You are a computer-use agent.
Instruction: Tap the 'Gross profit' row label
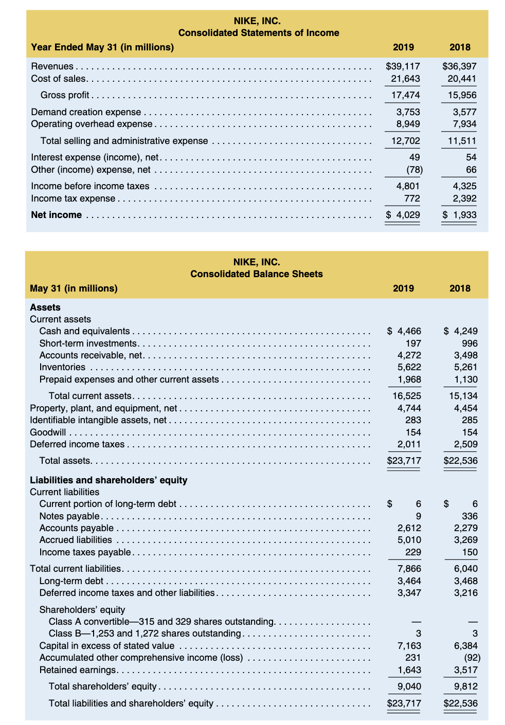[x=65, y=95]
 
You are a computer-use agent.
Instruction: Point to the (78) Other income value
[x=414, y=170]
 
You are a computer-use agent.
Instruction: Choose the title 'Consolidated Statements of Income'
[x=259, y=33]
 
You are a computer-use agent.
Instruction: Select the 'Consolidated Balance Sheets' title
[x=257, y=274]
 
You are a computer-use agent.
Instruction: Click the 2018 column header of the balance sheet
[x=460, y=288]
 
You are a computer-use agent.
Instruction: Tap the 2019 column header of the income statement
[x=403, y=47]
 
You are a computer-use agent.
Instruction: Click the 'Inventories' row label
[x=62, y=367]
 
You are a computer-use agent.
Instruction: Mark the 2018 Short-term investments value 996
[x=470, y=343]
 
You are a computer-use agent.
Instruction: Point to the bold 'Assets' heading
[x=45, y=307]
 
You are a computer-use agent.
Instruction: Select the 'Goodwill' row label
[x=48, y=432]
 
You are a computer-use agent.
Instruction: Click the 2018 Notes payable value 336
[x=470, y=516]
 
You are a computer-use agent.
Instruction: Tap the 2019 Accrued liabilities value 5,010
[x=409, y=540]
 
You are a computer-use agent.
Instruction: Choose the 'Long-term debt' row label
[x=71, y=581]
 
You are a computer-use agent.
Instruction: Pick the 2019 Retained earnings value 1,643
[x=409, y=670]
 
